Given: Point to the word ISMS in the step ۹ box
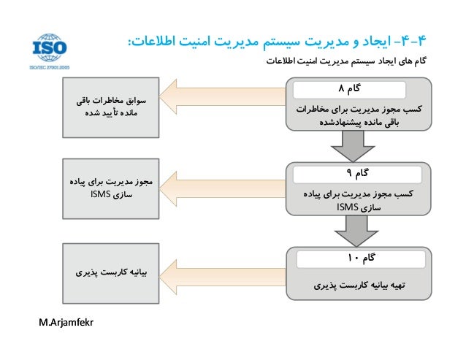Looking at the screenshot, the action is click(346, 208).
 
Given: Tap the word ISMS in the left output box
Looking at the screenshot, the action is click(101, 195).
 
